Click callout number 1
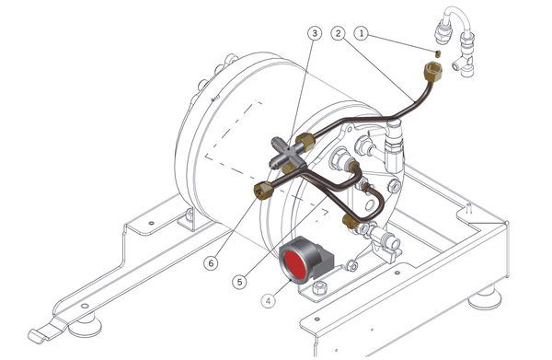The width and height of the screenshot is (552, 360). (x=361, y=33)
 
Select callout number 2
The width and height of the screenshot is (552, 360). (x=338, y=33)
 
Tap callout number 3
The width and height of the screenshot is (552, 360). (x=315, y=33)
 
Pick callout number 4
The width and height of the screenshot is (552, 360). (x=269, y=301)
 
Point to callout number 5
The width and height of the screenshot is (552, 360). (x=239, y=282)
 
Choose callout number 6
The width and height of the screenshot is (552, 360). (x=211, y=263)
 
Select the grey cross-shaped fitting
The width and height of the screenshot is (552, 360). (x=288, y=154)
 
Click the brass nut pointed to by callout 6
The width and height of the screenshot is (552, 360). (x=263, y=191)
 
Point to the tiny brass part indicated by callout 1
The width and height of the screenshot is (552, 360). (x=438, y=53)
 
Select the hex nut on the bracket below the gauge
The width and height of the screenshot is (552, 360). (x=319, y=287)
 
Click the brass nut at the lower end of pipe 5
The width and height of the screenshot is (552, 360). (x=350, y=221)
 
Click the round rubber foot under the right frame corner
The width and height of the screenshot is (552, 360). (x=484, y=298)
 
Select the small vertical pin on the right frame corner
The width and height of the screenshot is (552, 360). (x=468, y=207)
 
